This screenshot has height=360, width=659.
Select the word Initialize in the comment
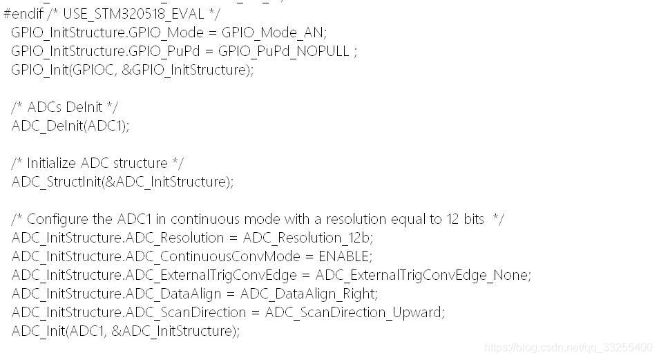click(52, 163)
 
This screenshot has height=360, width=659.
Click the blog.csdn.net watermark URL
click(568, 347)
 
